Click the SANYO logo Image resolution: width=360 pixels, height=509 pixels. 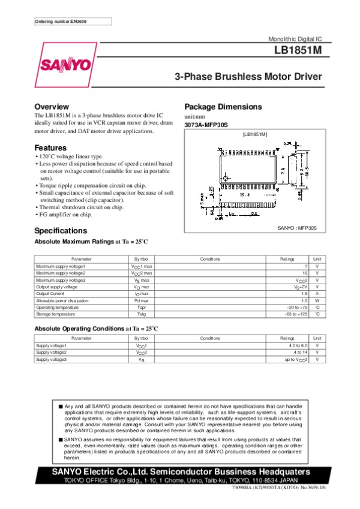point(66,64)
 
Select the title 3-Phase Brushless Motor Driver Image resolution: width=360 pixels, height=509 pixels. point(248,77)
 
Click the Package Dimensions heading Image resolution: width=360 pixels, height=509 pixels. point(223,107)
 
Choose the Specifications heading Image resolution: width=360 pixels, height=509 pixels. point(61,231)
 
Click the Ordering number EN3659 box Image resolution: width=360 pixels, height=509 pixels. point(73,22)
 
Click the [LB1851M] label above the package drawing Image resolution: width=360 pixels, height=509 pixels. point(254,135)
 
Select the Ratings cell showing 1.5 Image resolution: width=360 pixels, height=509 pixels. point(304,294)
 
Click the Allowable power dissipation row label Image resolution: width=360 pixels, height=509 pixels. point(62,300)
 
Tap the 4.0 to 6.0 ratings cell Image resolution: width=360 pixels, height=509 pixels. point(297,346)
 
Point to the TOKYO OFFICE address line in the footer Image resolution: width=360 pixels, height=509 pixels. point(180,481)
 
